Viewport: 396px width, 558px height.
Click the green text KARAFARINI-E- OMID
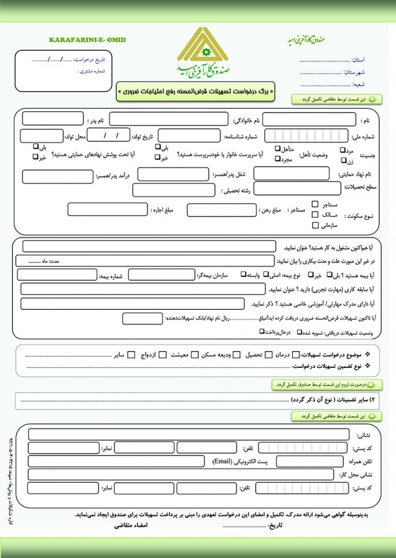pos(87,40)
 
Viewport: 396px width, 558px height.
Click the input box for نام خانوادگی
pos(168,119)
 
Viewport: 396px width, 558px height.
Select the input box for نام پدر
pos(53,119)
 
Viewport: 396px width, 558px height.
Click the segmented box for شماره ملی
pos(306,136)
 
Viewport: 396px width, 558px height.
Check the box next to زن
pos(343,161)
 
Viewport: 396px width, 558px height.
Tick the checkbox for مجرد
pos(277,159)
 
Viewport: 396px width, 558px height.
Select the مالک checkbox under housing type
pos(315,215)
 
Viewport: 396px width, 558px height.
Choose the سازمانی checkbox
pos(315,225)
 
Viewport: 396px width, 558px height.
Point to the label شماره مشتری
pos(91,71)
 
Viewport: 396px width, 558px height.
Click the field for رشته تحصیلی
pos(174,190)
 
